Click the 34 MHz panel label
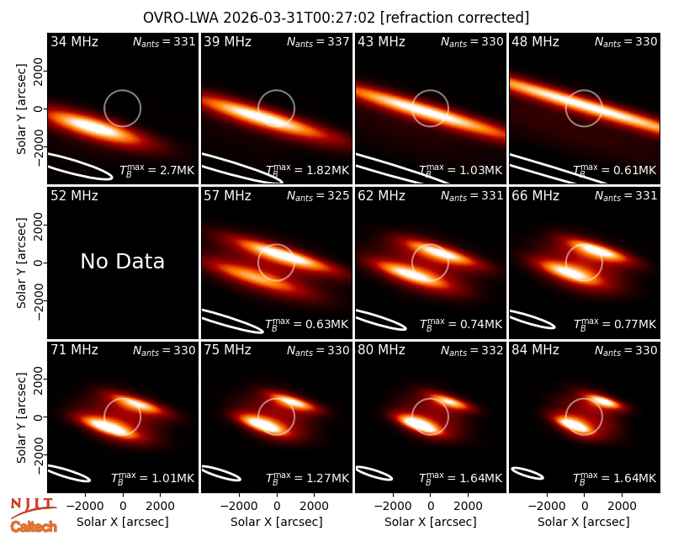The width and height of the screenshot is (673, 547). (x=74, y=41)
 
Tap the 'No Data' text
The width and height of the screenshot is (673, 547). (x=122, y=261)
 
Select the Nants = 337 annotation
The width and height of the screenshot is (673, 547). (x=318, y=41)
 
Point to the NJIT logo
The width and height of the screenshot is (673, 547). (x=33, y=507)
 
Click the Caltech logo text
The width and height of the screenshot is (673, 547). (x=34, y=527)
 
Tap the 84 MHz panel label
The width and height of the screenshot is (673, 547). (x=535, y=350)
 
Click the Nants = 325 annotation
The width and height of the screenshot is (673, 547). (x=318, y=196)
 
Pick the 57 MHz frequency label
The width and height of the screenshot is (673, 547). (x=227, y=196)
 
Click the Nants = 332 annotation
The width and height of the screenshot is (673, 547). (x=472, y=350)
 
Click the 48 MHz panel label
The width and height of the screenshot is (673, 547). (x=535, y=41)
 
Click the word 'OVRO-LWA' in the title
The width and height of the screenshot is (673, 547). (x=181, y=18)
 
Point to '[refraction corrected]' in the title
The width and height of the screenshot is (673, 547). (x=455, y=18)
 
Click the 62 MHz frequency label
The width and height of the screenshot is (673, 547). (x=382, y=196)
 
